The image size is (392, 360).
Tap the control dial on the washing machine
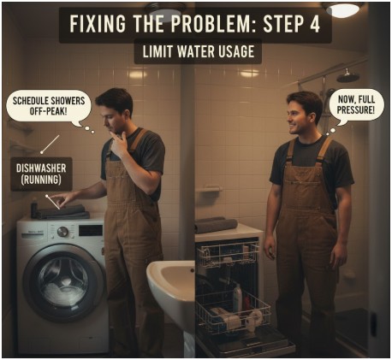[x=62, y=231]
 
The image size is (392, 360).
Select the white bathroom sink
[x=171, y=286]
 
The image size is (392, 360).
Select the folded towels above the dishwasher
[x=215, y=224]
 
